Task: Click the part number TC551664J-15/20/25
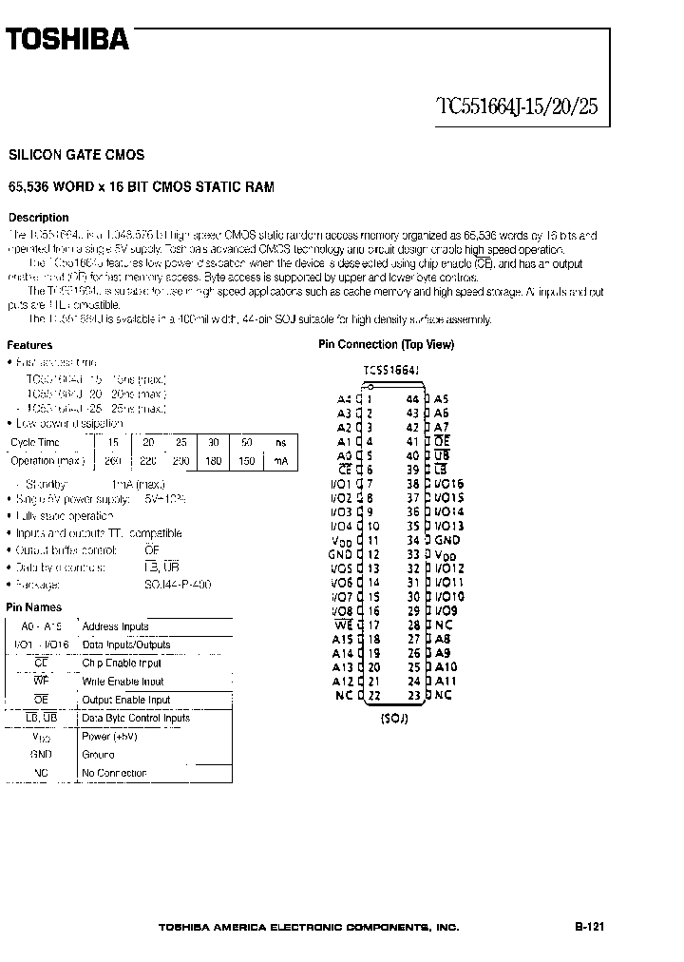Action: click(517, 106)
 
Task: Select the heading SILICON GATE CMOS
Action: click(76, 154)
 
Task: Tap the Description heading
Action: click(38, 218)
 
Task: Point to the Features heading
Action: click(29, 345)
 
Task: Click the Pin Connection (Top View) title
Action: click(386, 345)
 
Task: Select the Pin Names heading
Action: click(34, 606)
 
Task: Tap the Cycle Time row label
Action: click(35, 443)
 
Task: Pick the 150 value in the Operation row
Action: click(246, 461)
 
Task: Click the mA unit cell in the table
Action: click(279, 461)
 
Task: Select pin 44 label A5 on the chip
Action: click(441, 400)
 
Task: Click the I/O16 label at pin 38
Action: click(448, 484)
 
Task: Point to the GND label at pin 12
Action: click(340, 553)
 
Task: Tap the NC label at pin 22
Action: click(344, 695)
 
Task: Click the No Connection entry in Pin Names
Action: click(114, 773)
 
